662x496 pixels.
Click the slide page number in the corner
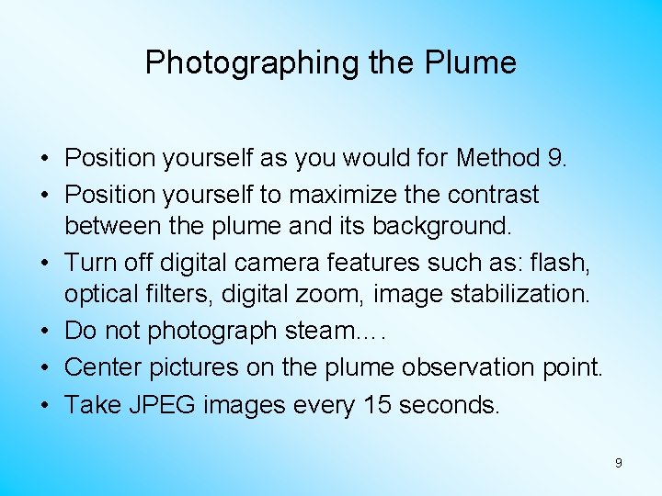pyautogui.click(x=618, y=463)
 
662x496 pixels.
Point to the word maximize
pyautogui.click(x=335, y=195)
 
